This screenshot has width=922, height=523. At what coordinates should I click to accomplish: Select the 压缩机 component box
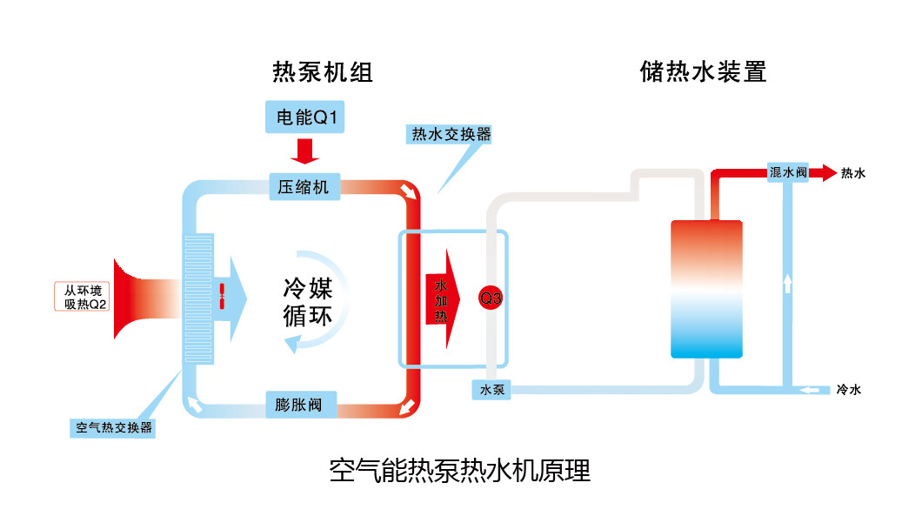pos(304,186)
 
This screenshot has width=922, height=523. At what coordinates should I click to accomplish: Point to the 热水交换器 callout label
pos(451,134)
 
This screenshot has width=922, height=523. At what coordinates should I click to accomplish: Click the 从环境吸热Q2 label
pos(81,298)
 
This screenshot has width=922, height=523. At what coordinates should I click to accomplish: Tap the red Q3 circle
pos(491,298)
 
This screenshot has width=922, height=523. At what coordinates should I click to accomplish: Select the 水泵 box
pos(492,390)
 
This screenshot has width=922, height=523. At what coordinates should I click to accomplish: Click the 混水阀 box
pos(788,173)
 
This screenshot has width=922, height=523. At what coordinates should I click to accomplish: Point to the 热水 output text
pos(852,174)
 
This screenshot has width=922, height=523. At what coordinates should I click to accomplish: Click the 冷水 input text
pos(848,390)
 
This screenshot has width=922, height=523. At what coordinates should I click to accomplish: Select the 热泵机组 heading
pos(323,72)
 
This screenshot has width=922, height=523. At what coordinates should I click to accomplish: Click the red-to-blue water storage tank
pos(706,289)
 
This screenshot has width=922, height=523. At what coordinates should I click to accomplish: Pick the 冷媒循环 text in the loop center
pos(307,302)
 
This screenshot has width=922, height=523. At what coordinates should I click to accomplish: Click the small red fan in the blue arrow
pos(222,296)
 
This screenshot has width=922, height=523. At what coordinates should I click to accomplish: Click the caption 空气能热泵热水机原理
pos(460,471)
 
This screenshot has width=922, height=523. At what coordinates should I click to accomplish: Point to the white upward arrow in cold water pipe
pos(787,283)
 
